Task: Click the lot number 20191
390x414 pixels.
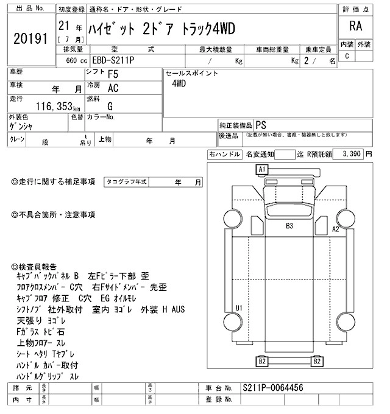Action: click(30, 39)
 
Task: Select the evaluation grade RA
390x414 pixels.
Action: click(354, 27)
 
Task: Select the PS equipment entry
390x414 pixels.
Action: click(261, 123)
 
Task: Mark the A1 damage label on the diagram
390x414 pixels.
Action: click(263, 169)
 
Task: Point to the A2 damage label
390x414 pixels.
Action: click(335, 229)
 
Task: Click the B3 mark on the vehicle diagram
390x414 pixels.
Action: click(290, 226)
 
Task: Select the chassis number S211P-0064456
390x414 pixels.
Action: click(272, 388)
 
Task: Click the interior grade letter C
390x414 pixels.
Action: click(347, 56)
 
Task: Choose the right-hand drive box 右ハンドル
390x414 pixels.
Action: click(224, 155)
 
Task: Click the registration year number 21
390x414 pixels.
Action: click(62, 28)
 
